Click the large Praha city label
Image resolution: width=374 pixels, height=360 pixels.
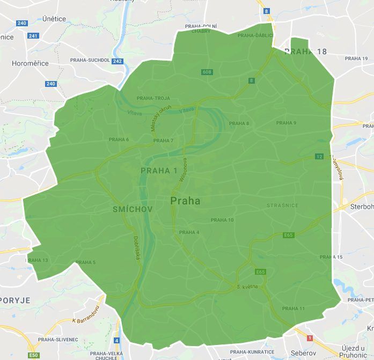point(185,201)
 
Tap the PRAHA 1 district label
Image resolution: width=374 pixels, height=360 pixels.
point(159,171)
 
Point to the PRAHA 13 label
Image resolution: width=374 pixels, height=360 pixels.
point(38,260)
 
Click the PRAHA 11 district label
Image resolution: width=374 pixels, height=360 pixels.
point(293,308)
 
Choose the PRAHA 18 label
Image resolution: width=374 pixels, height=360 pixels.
point(305,52)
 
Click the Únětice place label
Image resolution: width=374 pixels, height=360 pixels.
point(54,19)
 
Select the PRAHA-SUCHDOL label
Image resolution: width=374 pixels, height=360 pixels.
point(90,61)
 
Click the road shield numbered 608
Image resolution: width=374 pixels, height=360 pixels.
point(207,72)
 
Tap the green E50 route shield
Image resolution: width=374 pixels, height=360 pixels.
point(34,355)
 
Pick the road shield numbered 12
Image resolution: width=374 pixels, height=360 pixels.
point(319,157)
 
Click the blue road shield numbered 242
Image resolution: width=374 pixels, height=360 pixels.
point(118,61)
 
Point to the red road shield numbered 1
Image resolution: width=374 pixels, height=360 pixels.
point(310,338)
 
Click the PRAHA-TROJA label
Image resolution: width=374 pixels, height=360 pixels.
point(153,98)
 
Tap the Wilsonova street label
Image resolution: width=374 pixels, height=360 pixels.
point(182,171)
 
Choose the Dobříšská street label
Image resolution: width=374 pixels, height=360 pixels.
point(137,248)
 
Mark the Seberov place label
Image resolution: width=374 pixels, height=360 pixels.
point(304,354)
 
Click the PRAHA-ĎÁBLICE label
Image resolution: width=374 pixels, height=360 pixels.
point(255,35)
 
